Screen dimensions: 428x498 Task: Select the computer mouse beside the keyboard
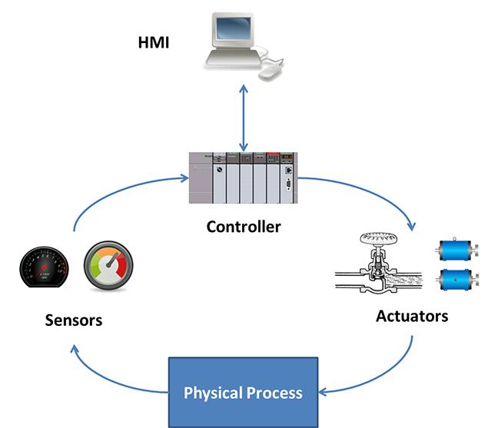click(x=271, y=72)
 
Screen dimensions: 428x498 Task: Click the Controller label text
click(x=244, y=227)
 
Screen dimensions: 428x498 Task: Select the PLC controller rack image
click(x=243, y=178)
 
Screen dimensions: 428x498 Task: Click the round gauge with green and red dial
click(x=108, y=267)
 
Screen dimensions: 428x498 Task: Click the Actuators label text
click(x=412, y=316)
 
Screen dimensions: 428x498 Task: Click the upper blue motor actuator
click(x=458, y=249)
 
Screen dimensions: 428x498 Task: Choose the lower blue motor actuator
click(x=458, y=278)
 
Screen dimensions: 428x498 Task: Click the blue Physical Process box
click(x=243, y=392)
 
